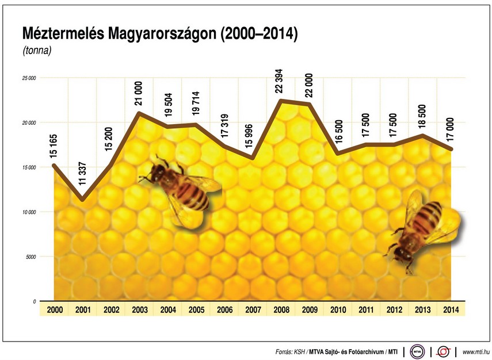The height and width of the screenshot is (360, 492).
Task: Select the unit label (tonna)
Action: point(37,51)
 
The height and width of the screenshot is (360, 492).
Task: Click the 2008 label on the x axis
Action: point(281,309)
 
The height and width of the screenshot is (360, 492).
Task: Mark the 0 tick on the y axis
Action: point(34,301)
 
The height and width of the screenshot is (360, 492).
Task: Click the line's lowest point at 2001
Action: point(83,200)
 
